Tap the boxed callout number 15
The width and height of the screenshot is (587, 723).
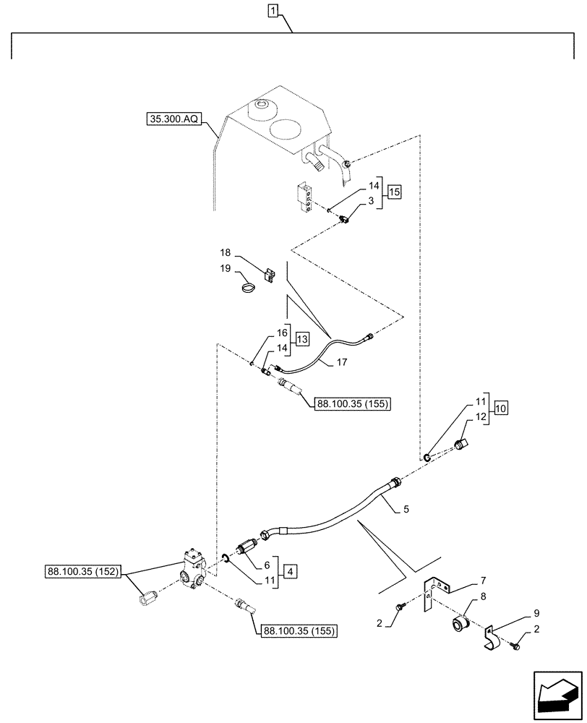393,192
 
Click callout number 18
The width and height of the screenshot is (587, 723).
225,253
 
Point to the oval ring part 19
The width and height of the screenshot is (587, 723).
248,290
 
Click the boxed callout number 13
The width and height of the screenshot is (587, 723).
301,339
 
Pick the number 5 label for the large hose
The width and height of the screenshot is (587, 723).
406,509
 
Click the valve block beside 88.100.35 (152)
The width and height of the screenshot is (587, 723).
195,568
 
